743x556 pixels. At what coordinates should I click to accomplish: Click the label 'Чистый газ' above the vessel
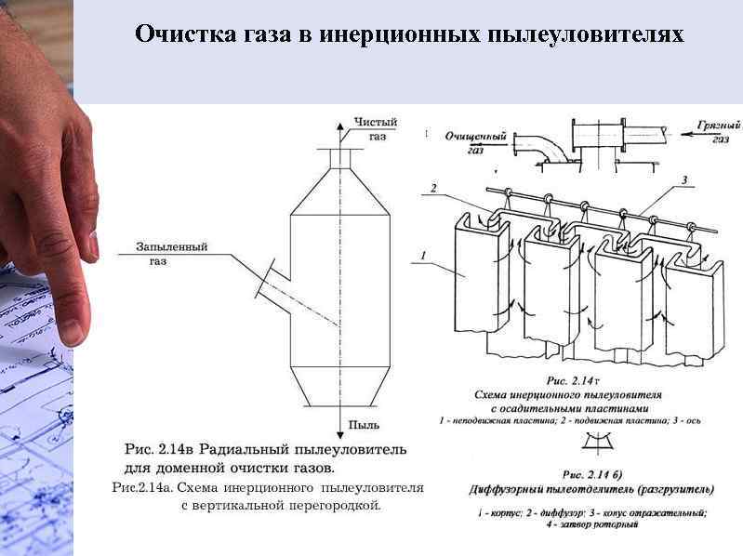(x=376, y=129)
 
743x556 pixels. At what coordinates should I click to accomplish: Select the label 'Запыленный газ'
(x=171, y=254)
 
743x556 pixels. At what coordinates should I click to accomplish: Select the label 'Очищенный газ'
(x=475, y=142)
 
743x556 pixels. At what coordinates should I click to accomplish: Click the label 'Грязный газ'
(x=719, y=131)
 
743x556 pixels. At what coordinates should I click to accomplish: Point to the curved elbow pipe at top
(x=540, y=148)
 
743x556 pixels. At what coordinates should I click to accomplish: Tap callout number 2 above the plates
(x=432, y=189)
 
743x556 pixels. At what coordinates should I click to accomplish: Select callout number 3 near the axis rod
(x=684, y=179)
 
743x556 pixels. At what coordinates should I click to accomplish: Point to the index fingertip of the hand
(x=70, y=330)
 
